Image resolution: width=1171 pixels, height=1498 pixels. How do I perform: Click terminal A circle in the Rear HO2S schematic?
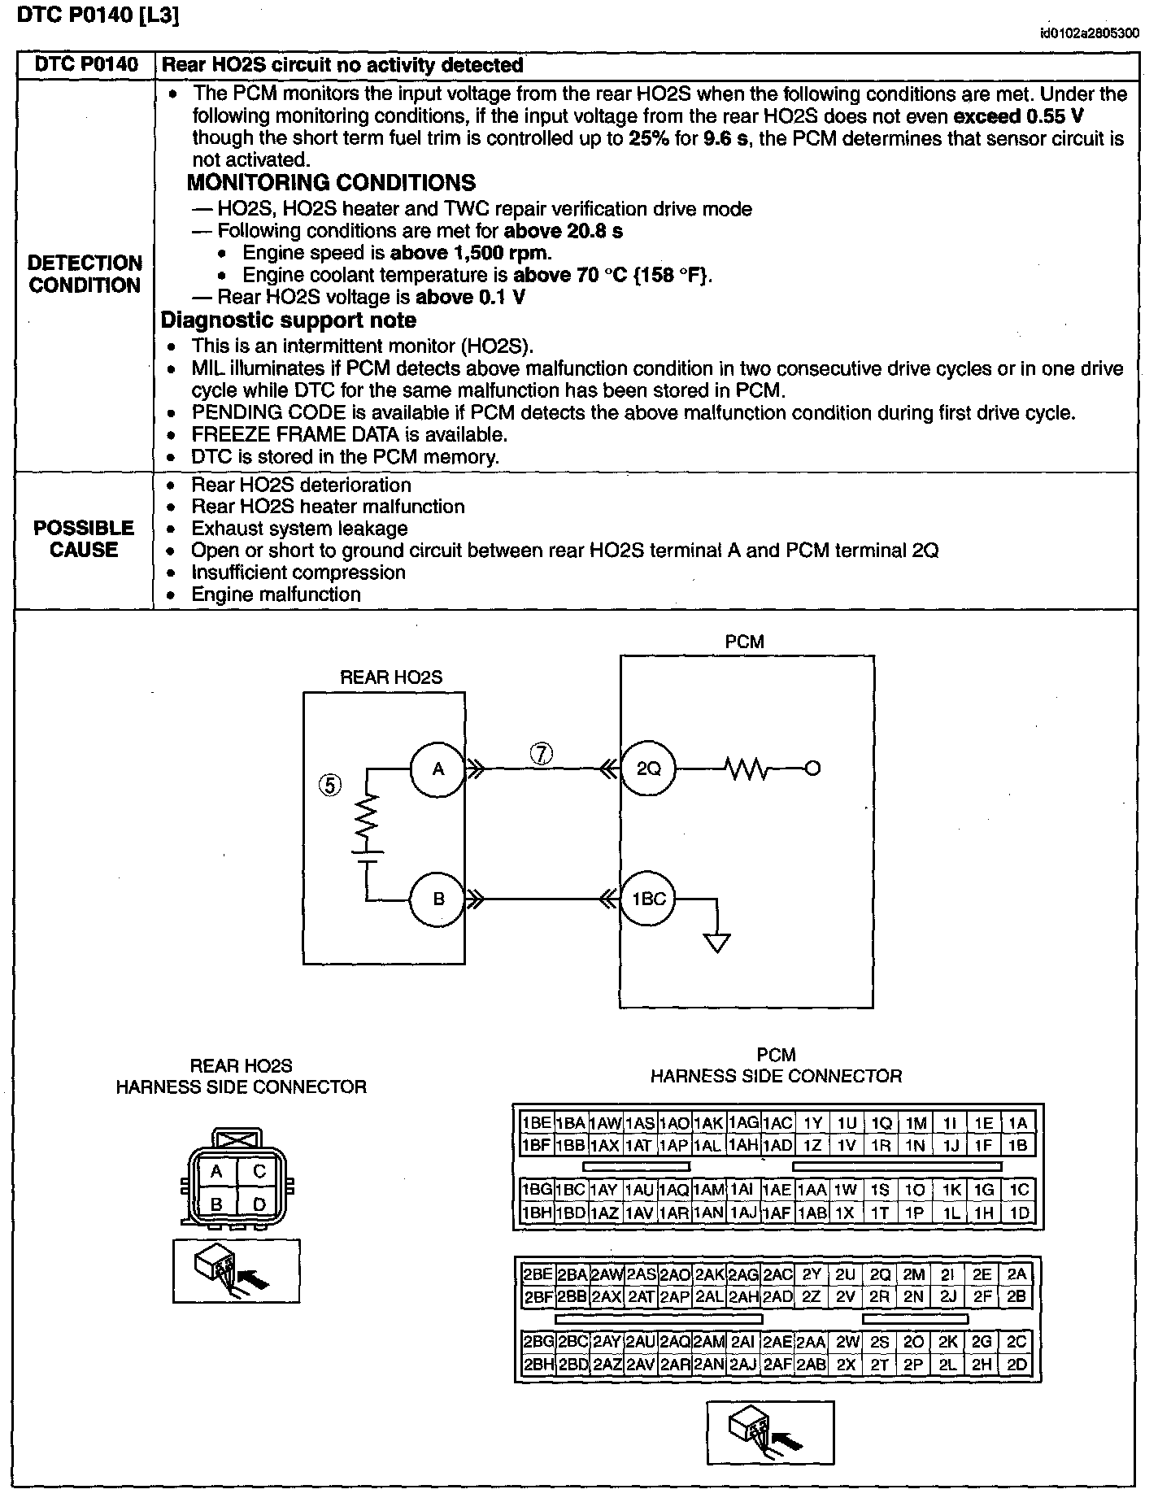[437, 769]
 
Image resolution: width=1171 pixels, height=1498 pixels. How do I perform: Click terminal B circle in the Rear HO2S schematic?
[437, 899]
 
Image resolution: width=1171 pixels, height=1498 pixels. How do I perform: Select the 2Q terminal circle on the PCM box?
[648, 769]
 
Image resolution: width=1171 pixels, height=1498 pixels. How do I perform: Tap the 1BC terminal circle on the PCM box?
[648, 899]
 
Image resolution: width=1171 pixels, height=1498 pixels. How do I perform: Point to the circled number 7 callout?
[542, 754]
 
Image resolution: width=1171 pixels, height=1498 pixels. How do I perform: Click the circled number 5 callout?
[330, 785]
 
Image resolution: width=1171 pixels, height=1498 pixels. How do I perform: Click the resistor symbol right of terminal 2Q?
[747, 769]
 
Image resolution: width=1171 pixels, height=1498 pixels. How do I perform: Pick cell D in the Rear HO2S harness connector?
[259, 1204]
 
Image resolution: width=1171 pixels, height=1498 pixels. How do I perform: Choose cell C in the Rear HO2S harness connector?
[259, 1171]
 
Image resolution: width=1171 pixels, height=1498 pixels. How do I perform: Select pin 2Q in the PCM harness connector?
[880, 1274]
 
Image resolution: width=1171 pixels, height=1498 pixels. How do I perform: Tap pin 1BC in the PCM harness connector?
[571, 1190]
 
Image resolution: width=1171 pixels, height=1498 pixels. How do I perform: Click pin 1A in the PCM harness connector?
[1018, 1123]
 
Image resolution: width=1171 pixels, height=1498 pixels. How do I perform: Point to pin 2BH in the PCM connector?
[537, 1365]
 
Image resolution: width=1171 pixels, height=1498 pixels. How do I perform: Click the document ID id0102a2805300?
[1090, 33]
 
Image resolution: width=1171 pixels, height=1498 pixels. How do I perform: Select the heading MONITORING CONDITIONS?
[332, 182]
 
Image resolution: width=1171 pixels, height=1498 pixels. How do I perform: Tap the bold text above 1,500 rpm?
[471, 253]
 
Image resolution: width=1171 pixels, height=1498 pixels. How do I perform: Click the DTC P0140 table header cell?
[86, 65]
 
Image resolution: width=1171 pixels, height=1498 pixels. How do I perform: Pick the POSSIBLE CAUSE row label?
[84, 539]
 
